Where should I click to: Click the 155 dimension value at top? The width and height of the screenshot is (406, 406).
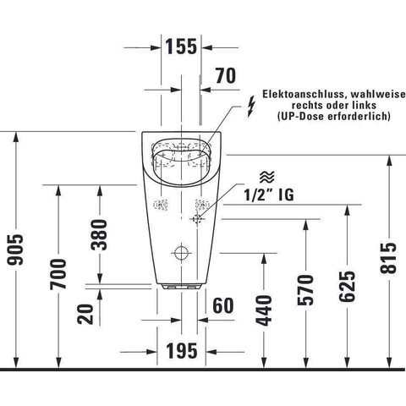point(181,47)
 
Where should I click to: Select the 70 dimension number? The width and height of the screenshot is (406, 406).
point(226,75)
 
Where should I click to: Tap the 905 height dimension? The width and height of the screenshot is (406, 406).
point(15,250)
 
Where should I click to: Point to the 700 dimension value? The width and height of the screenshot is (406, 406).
point(58,274)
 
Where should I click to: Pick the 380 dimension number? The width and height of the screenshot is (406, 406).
point(99,235)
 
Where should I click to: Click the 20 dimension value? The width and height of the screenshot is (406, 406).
point(85,314)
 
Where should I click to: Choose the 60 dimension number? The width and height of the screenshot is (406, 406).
point(223,305)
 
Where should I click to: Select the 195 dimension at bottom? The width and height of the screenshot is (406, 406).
point(182,351)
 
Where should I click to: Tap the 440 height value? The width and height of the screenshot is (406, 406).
point(264,310)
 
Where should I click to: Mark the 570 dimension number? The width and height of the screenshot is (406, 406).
point(305,289)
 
